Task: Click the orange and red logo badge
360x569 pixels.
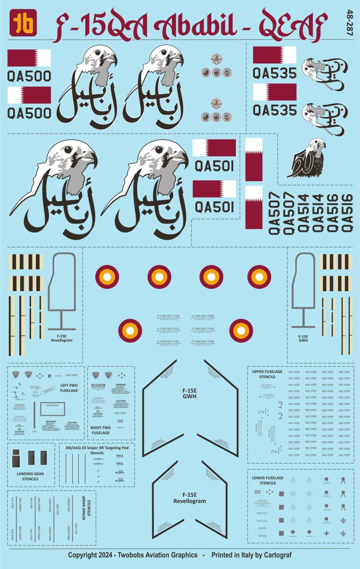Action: [23, 23]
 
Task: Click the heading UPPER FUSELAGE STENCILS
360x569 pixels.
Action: [267, 374]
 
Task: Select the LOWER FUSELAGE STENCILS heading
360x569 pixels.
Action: [267, 480]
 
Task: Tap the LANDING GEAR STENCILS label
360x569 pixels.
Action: [30, 476]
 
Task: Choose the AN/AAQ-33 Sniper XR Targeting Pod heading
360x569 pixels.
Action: [97, 449]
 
